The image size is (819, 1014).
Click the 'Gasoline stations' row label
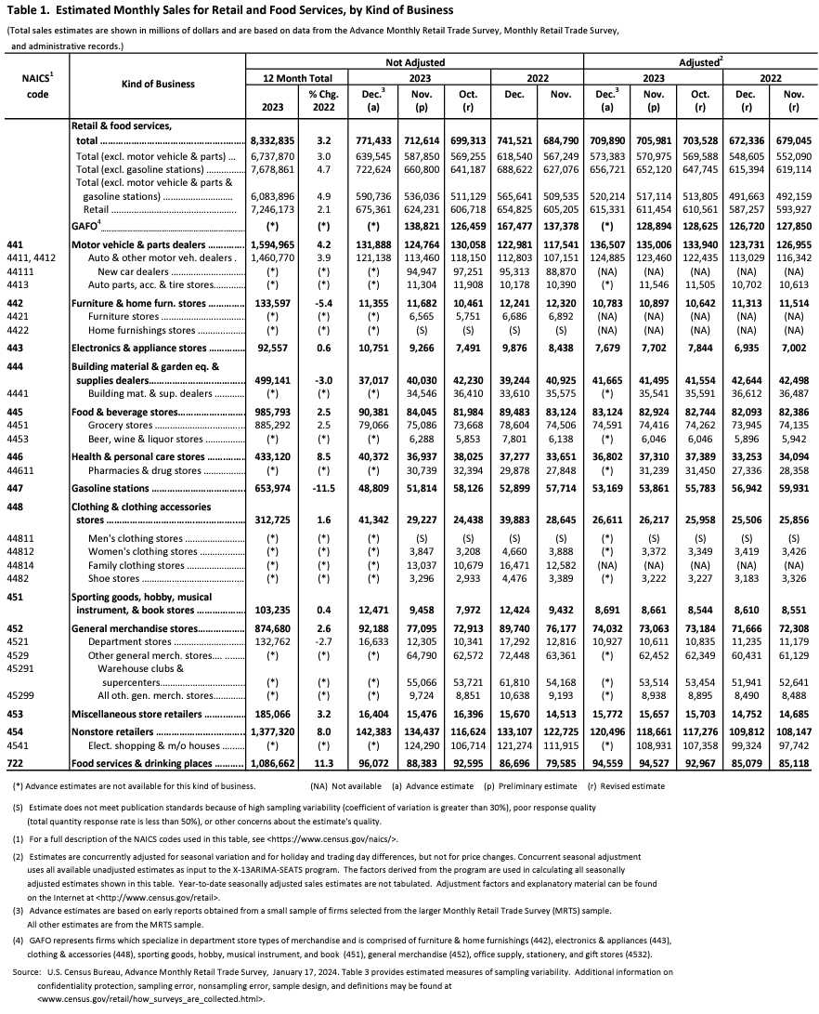click(112, 487)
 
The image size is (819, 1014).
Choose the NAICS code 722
click(13, 762)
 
